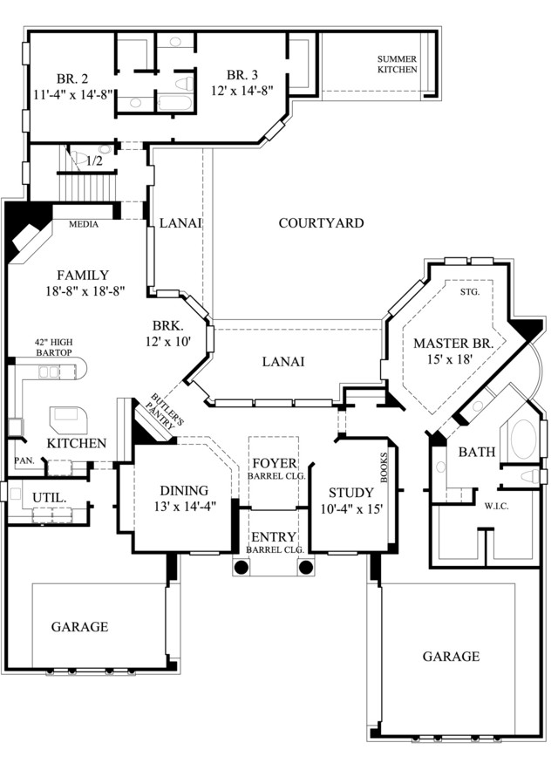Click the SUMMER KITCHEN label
(x=398, y=65)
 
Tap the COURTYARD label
(x=321, y=223)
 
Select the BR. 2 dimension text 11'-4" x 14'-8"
(x=73, y=95)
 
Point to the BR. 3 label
(x=242, y=75)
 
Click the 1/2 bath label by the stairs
(x=94, y=161)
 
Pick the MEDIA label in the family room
(x=83, y=224)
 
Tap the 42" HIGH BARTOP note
(x=53, y=347)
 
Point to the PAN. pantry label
(x=24, y=460)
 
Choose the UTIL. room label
(x=50, y=498)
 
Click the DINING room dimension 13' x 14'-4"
(x=185, y=507)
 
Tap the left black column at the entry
(x=241, y=567)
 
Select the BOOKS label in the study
(x=384, y=467)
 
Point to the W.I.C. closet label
(x=496, y=507)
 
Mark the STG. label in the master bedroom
(x=470, y=292)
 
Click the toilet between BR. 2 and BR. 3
(x=183, y=83)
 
